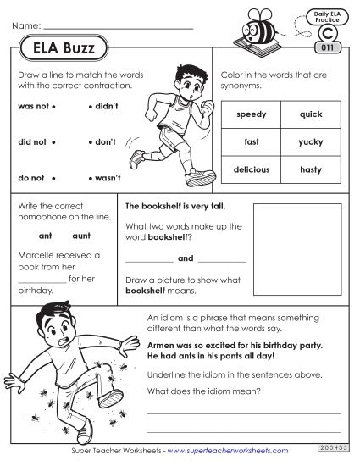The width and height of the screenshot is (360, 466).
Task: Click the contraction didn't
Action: click(x=105, y=108)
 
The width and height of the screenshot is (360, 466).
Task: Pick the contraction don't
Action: click(x=104, y=142)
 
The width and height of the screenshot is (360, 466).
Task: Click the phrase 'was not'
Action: click(x=31, y=108)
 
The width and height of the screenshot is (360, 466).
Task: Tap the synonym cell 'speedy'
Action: click(x=252, y=114)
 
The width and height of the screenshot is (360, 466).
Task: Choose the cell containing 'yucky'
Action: click(x=311, y=141)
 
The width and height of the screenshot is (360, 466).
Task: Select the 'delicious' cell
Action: click(x=252, y=169)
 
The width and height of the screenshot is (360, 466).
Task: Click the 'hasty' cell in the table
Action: click(x=311, y=169)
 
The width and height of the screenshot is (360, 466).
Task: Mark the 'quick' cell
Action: click(x=311, y=114)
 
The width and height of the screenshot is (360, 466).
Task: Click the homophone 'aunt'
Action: click(x=81, y=236)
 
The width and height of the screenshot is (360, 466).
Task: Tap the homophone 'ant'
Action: click(x=46, y=236)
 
